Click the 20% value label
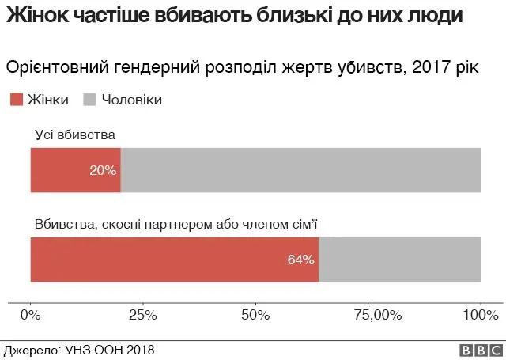pyautogui.click(x=103, y=170)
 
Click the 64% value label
pyautogui.click(x=301, y=260)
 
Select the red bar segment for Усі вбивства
pyautogui.click(x=63, y=170)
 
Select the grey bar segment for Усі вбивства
pyautogui.click(x=300, y=170)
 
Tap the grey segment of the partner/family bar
pyautogui.click(x=399, y=260)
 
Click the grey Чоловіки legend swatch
pyautogui.click(x=89, y=100)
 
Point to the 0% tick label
pyautogui.click(x=31, y=316)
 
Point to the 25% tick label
pyautogui.click(x=143, y=316)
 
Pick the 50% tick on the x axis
pyautogui.click(x=255, y=316)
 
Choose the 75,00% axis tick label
pyautogui.click(x=368, y=316)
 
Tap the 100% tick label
pyautogui.click(x=480, y=316)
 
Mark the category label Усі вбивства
pyautogui.click(x=75, y=135)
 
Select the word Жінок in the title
pyautogui.click(x=35, y=15)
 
